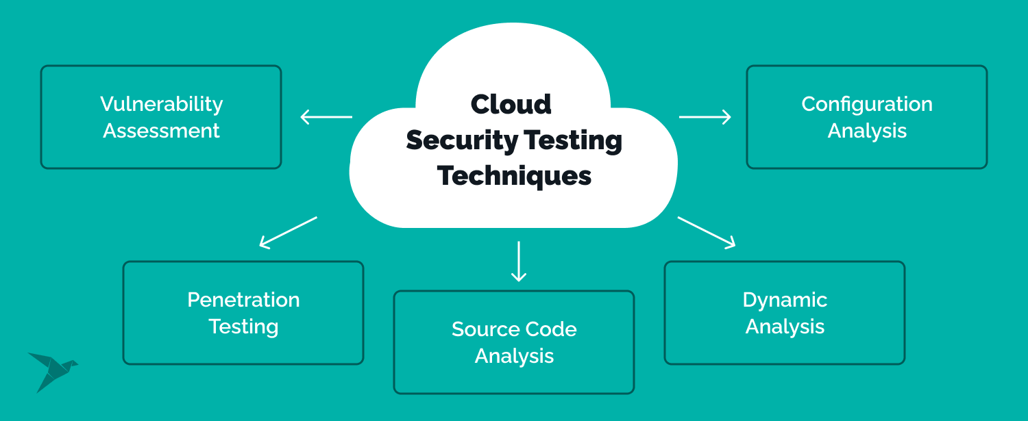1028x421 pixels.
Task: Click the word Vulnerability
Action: (x=161, y=104)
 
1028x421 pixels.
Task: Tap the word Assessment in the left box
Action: (x=161, y=131)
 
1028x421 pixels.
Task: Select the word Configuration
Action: (x=867, y=104)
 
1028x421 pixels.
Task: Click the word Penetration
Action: (x=243, y=300)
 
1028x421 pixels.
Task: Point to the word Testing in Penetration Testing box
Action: (x=243, y=327)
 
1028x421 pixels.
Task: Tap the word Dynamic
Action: (x=785, y=300)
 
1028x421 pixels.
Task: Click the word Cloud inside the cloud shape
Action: (x=511, y=104)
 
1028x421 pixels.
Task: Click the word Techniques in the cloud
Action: (x=514, y=176)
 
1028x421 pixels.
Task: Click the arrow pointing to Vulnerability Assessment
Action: (x=326, y=117)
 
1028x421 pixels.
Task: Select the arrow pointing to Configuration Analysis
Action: (x=705, y=117)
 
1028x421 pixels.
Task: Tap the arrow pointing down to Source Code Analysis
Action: (x=519, y=261)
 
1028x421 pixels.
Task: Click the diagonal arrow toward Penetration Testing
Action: (x=288, y=232)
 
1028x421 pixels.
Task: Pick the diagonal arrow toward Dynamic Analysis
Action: (x=707, y=232)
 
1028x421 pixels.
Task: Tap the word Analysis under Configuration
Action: (x=867, y=131)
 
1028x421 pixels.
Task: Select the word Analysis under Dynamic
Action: (x=785, y=327)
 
